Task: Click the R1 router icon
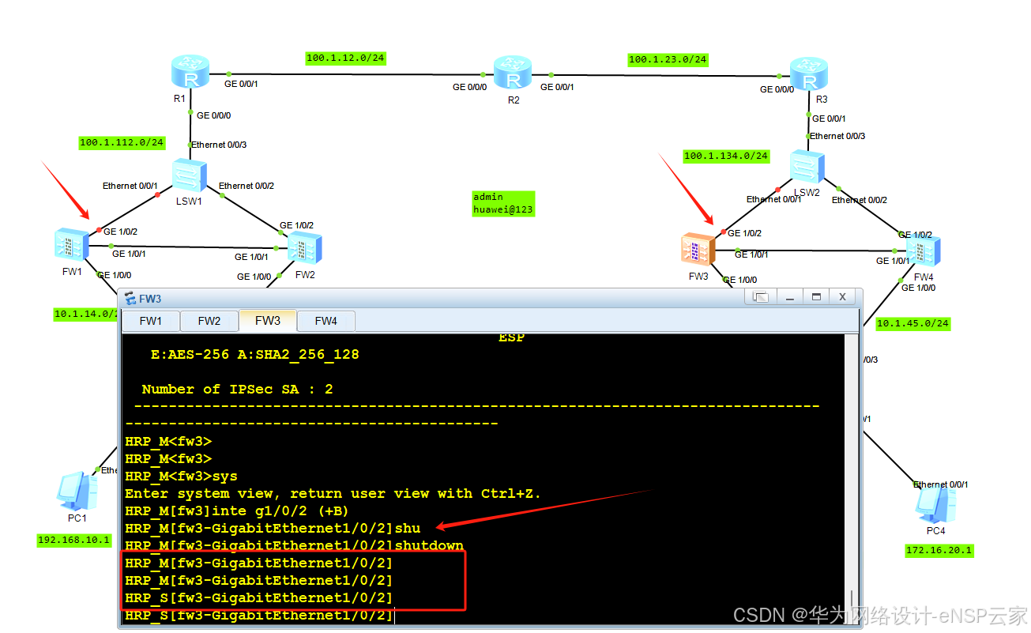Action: pyautogui.click(x=190, y=73)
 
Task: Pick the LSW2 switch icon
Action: pyautogui.click(x=807, y=167)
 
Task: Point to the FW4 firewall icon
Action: pyautogui.click(x=922, y=251)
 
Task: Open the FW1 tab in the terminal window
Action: pyautogui.click(x=150, y=321)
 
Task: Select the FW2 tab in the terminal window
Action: pyautogui.click(x=209, y=321)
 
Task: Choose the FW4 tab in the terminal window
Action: pyautogui.click(x=325, y=321)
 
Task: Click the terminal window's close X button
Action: pyautogui.click(x=843, y=297)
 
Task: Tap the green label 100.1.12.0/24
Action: pyautogui.click(x=345, y=58)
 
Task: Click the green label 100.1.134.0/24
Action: pyautogui.click(x=725, y=156)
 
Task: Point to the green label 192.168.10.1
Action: pyautogui.click(x=74, y=541)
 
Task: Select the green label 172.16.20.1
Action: pyautogui.click(x=939, y=550)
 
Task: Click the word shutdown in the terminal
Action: pyautogui.click(x=429, y=545)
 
